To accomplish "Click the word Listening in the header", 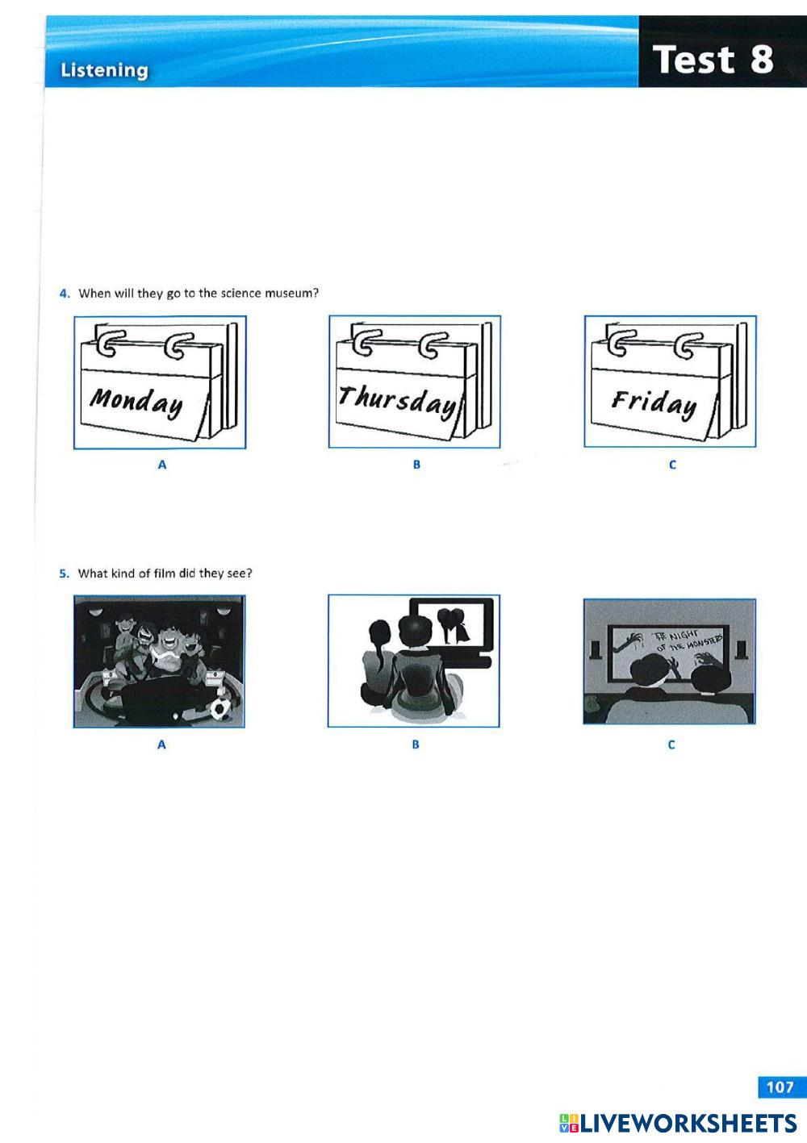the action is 104,70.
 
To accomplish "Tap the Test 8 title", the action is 713,59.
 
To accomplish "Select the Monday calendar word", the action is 136,402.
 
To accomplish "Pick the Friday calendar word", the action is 654,404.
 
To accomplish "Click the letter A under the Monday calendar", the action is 162,465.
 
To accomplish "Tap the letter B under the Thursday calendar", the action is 416,465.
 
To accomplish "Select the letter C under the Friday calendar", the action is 672,465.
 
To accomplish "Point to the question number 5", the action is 64,574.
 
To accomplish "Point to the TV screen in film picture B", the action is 452,624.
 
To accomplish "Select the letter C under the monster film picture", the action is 671,745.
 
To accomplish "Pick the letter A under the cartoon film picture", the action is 161,745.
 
